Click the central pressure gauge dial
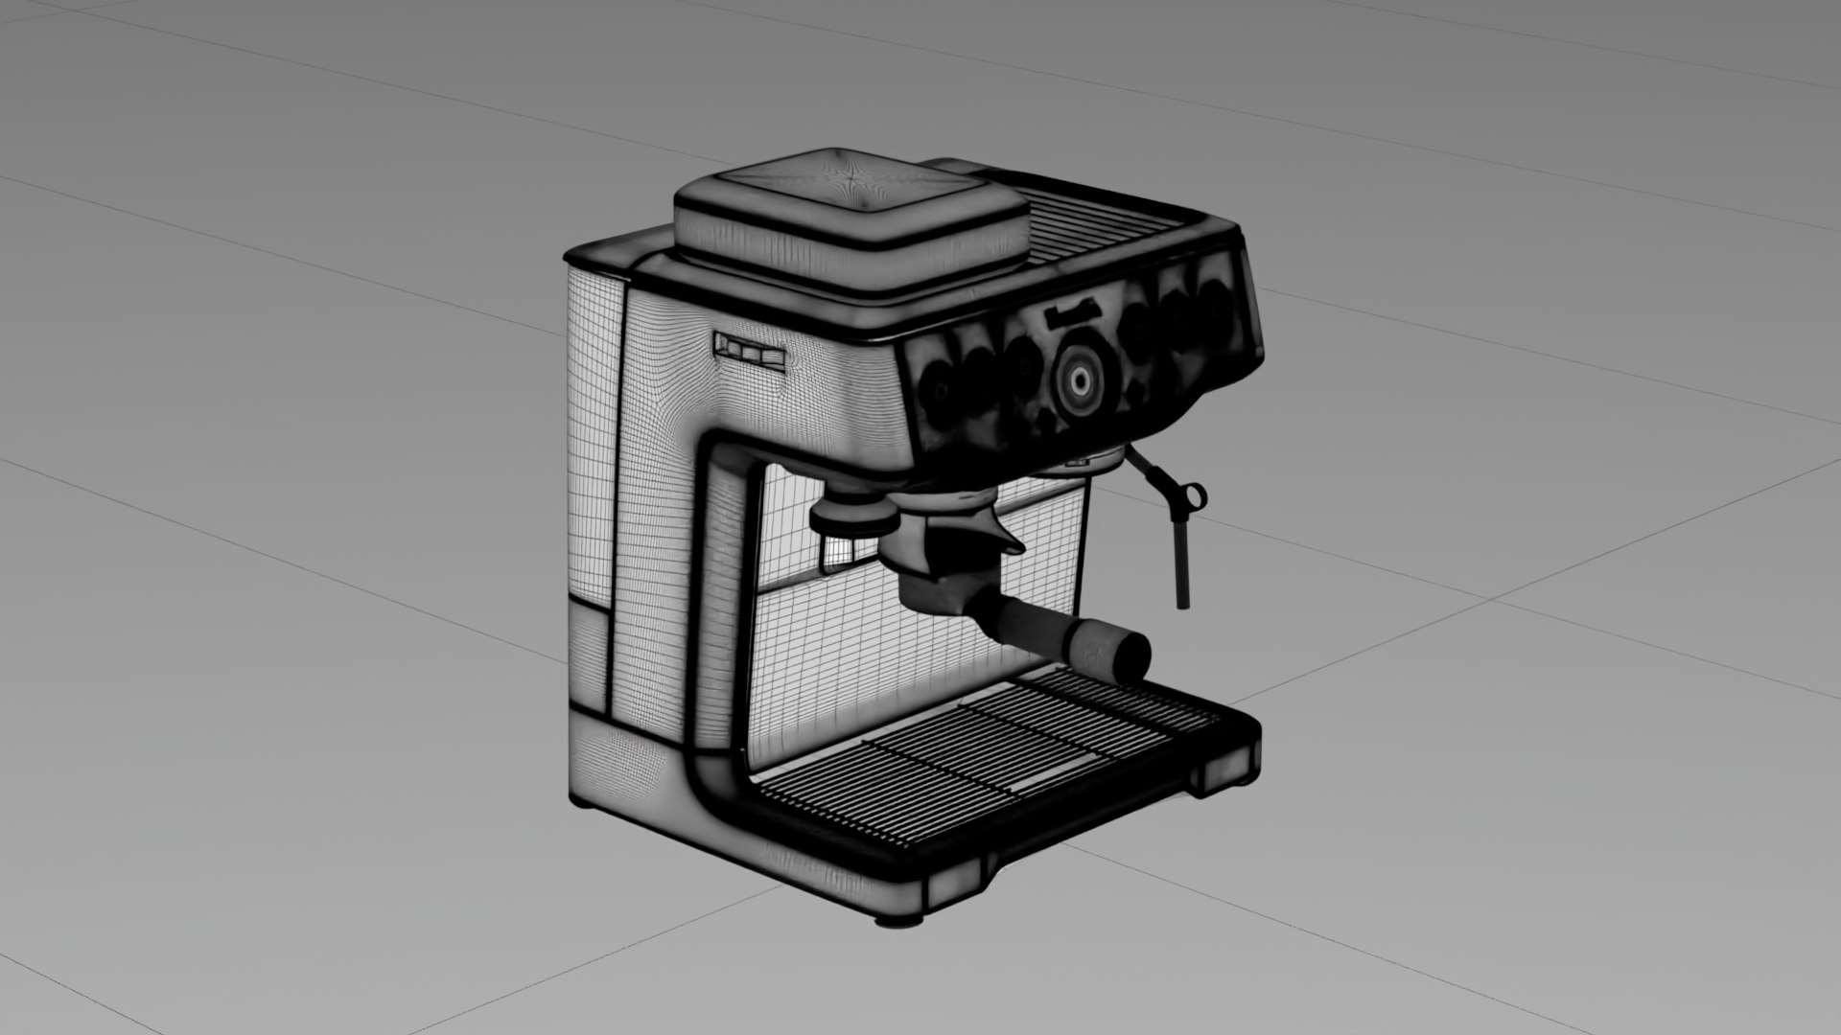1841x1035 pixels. (x=1080, y=380)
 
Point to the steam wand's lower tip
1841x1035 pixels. (x=1182, y=600)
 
